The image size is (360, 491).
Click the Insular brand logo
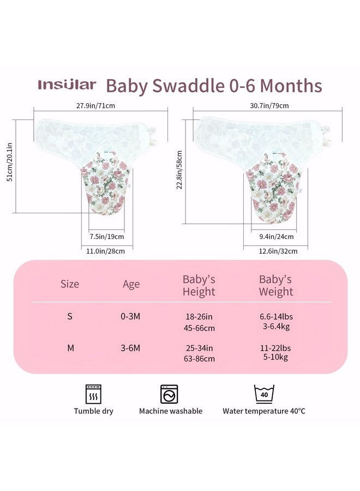67,85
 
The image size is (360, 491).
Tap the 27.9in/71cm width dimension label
95,105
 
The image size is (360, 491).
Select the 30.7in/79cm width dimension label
269,105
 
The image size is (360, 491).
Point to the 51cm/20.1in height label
10,162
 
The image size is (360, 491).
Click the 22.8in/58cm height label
179,170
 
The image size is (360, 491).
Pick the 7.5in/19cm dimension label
107,236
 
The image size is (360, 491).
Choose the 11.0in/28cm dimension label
105,251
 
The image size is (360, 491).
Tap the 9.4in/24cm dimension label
277,236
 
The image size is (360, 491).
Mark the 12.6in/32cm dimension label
278,251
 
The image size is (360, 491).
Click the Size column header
70,284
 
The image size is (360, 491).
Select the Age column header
131,284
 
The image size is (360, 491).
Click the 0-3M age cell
130,316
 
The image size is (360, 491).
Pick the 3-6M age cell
130,348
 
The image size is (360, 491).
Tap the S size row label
70,316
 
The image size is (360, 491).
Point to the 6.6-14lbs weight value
276,316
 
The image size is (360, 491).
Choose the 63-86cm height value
200,358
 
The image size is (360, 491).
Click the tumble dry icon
93,394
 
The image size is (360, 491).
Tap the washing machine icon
169,394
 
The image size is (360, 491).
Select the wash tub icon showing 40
264,394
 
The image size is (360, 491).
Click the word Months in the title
291,86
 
